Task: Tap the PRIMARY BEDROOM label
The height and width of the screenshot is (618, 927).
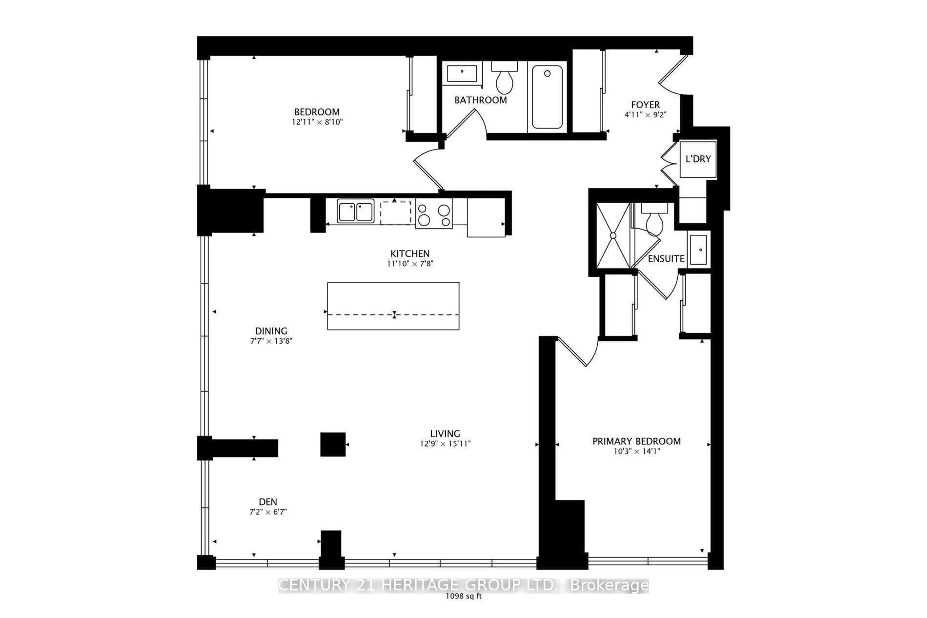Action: tap(636, 441)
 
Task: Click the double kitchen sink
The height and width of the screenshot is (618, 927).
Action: tap(355, 212)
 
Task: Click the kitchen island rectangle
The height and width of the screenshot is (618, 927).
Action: tap(393, 305)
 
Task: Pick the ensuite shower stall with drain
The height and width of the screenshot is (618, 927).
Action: tap(613, 235)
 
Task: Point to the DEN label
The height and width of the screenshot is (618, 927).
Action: tap(268, 502)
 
